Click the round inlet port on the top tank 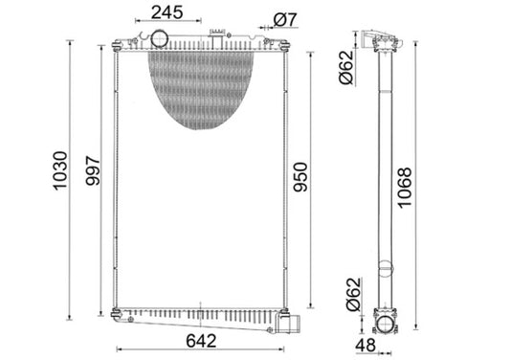point(159,39)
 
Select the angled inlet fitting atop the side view point(386,39)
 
